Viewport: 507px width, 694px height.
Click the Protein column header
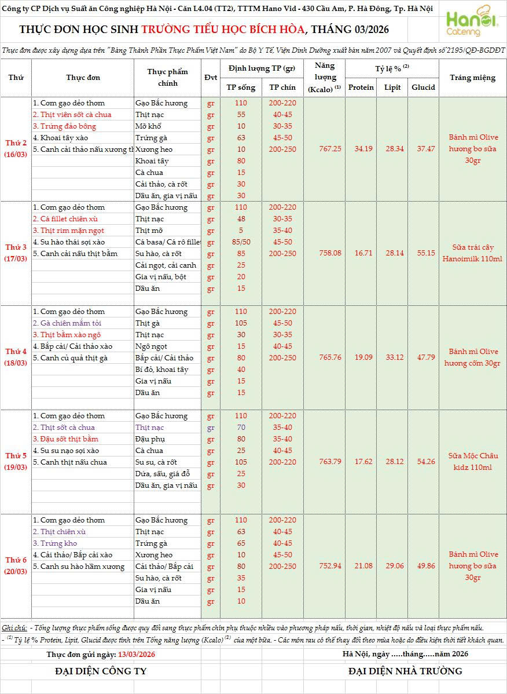point(361,87)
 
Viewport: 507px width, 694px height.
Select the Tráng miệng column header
point(472,78)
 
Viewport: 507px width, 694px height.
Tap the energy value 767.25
point(330,149)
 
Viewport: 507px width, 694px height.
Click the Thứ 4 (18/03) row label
point(16,357)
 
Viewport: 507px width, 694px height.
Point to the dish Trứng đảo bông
point(64,126)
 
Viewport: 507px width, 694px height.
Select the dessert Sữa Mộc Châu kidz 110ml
point(472,462)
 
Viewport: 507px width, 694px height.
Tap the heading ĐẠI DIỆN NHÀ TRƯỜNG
point(405,671)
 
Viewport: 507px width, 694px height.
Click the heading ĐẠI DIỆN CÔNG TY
point(101,671)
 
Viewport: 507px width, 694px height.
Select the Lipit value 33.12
point(393,357)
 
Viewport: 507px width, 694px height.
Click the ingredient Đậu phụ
point(149,439)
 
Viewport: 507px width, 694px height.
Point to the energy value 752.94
point(330,566)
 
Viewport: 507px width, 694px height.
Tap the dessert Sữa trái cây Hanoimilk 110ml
point(472,253)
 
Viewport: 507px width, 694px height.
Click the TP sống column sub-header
point(241,87)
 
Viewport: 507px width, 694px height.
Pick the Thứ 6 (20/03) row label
point(16,566)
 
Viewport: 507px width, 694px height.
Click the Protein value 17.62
point(361,462)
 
